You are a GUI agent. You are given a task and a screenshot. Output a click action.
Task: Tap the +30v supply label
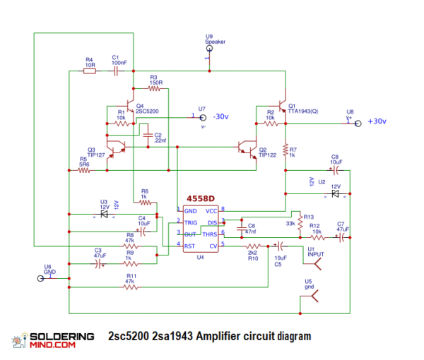pos(376,121)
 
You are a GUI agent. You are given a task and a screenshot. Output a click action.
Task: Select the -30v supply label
pos(220,116)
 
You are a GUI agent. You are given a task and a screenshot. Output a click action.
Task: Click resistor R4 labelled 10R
pos(90,70)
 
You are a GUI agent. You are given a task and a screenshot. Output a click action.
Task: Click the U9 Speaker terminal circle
pos(208,49)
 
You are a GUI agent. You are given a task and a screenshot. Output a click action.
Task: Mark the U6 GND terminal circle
pos(42,278)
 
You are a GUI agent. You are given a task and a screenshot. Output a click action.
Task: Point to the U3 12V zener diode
pos(104,212)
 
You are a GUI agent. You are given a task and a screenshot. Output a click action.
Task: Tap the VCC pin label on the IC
pos(211,211)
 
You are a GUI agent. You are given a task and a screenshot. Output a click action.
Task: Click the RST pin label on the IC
pos(190,246)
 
